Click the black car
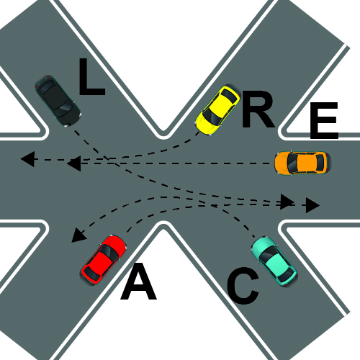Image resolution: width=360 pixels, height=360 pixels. pyautogui.click(x=58, y=101)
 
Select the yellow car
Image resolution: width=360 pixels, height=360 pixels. pyautogui.click(x=217, y=109)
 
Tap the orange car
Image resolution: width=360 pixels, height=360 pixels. pyautogui.click(x=302, y=163)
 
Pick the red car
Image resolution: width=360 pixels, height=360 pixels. pyautogui.click(x=104, y=260)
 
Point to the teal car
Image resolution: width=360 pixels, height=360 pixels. pyautogui.click(x=274, y=261)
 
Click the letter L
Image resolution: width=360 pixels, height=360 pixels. pyautogui.click(x=92, y=76)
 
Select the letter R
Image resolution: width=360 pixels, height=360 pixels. pyautogui.click(x=258, y=109)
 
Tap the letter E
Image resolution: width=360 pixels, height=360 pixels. pyautogui.click(x=324, y=120)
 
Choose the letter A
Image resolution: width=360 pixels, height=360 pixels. pyautogui.click(x=138, y=282)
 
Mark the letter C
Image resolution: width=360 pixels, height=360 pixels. pyautogui.click(x=243, y=287)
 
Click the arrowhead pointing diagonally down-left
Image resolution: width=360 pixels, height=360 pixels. pyautogui.click(x=78, y=235)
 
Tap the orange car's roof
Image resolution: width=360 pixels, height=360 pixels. pyautogui.click(x=305, y=163)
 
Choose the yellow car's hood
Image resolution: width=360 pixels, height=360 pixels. pyautogui.click(x=204, y=125)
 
